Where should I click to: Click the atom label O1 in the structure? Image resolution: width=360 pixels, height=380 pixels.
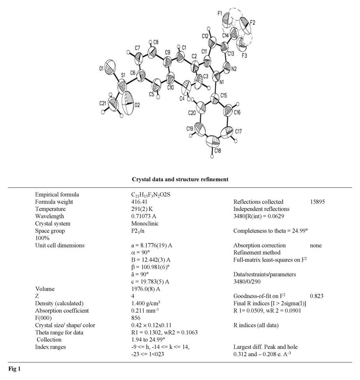pyautogui.click(x=102, y=69)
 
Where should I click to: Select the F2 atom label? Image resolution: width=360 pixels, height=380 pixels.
pyautogui.click(x=252, y=23)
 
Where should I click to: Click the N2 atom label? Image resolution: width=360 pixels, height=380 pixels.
pyautogui.click(x=234, y=68)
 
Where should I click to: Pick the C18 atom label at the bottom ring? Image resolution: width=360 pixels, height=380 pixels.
pyautogui.click(x=218, y=150)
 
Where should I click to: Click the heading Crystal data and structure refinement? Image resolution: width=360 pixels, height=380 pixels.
pyautogui.click(x=180, y=179)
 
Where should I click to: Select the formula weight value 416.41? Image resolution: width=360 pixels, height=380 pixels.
pyautogui.click(x=133, y=202)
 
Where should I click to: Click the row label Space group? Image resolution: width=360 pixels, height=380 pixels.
pyautogui.click(x=50, y=231)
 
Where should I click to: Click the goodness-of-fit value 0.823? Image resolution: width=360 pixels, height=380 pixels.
pyautogui.click(x=317, y=296)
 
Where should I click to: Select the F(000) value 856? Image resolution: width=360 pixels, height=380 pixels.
pyautogui.click(x=130, y=318)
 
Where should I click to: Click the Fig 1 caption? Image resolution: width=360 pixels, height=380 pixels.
pyautogui.click(x=14, y=369)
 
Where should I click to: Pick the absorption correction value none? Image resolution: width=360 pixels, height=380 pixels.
pyautogui.click(x=316, y=245)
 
